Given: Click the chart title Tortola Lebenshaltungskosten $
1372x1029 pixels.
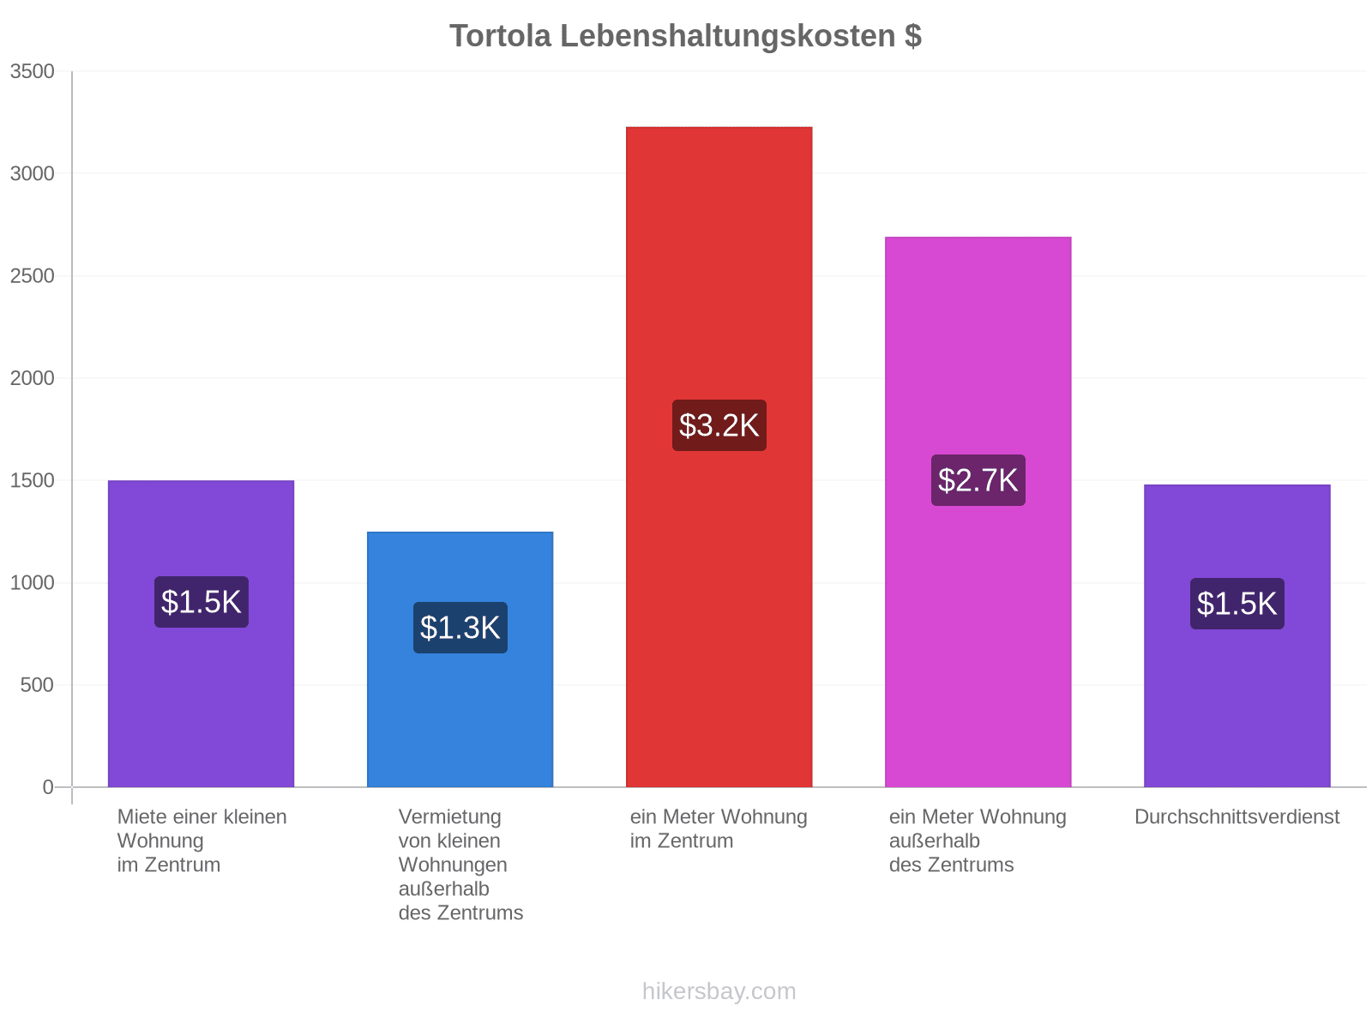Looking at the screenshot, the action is (685, 36).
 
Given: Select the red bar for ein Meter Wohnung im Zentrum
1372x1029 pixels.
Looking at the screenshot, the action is (719, 457).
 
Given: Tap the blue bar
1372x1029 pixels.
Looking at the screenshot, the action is (460, 659).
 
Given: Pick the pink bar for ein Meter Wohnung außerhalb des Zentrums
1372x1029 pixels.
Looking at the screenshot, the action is (978, 512).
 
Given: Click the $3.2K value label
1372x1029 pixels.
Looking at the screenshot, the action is (719, 425).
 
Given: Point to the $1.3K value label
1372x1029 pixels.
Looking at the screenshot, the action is (460, 628).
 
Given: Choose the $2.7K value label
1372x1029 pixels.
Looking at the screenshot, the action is (978, 480).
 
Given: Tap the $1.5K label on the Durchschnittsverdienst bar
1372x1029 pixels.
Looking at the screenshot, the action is (1237, 605).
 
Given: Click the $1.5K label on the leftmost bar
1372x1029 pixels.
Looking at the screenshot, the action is (202, 602).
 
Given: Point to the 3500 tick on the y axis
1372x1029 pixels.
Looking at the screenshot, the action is (32, 71).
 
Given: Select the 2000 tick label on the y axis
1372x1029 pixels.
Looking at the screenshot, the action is (32, 378).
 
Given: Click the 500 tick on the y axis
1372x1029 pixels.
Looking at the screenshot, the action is (37, 685).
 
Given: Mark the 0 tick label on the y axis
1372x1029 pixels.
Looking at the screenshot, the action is (48, 787).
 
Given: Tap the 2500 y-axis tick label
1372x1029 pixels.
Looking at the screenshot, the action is (32, 275).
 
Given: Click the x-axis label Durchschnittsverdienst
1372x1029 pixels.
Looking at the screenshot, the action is (1237, 816).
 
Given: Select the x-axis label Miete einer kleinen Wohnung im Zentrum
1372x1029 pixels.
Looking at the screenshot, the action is (202, 841).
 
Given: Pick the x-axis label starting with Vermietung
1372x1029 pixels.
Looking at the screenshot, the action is (460, 864).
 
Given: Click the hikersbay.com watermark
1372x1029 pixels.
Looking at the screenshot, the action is (719, 991).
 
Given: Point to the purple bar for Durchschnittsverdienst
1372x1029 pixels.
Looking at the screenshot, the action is (1237, 636).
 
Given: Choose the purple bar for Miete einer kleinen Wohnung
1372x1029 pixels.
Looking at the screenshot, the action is (202, 635).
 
